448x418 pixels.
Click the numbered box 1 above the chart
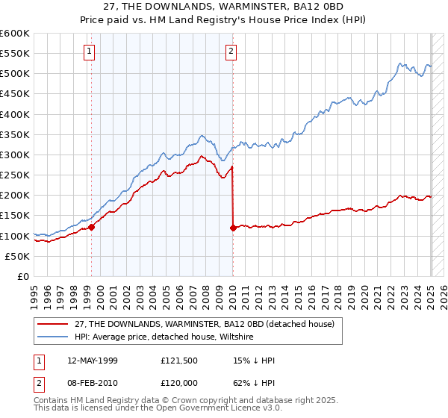(x=89, y=52)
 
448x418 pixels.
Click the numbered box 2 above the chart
(x=231, y=52)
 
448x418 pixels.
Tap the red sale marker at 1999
(x=92, y=227)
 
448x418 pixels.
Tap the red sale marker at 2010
(x=233, y=228)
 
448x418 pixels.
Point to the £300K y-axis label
(x=14, y=155)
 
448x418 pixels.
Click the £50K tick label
(x=17, y=256)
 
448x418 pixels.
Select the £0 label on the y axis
(x=23, y=276)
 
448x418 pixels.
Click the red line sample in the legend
(x=52, y=323)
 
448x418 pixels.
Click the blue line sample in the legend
(x=52, y=337)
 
